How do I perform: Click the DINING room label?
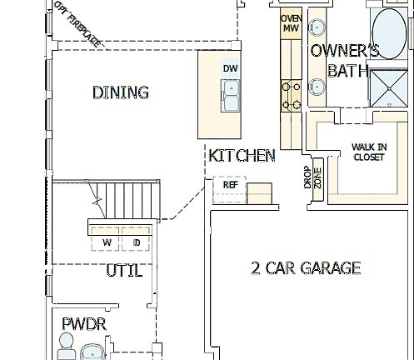tap(121, 92)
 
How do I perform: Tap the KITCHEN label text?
tap(242, 156)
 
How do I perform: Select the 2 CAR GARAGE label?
tap(306, 267)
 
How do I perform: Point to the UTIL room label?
tap(123, 271)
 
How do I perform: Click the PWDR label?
tap(84, 323)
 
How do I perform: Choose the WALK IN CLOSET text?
tap(368, 151)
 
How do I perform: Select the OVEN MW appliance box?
tap(290, 23)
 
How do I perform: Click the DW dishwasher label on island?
tap(230, 68)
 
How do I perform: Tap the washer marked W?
tap(107, 242)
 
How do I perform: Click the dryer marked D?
tap(137, 242)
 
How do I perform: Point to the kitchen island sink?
tap(231, 88)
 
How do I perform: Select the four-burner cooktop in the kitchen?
tap(291, 93)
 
